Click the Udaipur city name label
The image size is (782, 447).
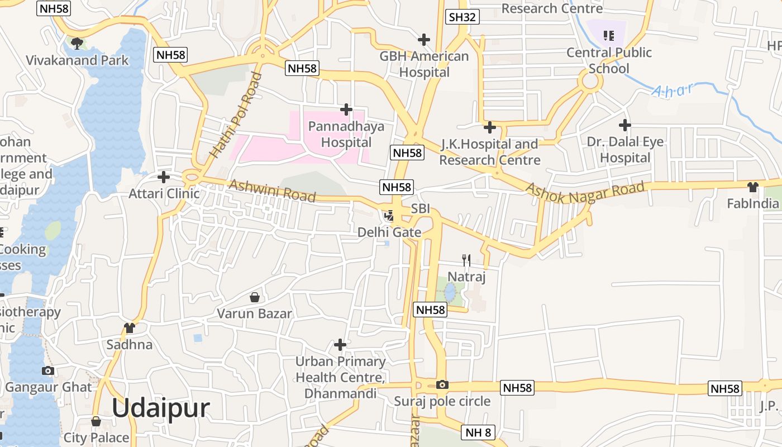161,408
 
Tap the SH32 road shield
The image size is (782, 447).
462,17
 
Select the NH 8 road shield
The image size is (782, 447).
479,432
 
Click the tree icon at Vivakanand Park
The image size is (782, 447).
77,42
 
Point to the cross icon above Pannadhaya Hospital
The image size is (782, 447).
346,109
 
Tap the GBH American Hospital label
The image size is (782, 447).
425,64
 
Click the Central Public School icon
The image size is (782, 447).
609,36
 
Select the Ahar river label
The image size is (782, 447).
673,89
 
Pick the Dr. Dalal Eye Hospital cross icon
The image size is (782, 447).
625,125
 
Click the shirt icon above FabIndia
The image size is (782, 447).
753,187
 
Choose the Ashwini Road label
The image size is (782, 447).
272,191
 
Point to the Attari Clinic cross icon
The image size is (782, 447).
164,177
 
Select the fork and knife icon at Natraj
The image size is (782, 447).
466,260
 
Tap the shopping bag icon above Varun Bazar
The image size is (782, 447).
255,297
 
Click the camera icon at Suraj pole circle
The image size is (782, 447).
442,384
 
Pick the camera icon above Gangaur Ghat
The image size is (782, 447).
48,370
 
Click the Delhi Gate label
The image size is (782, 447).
389,232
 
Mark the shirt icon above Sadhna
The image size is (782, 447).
130,327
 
